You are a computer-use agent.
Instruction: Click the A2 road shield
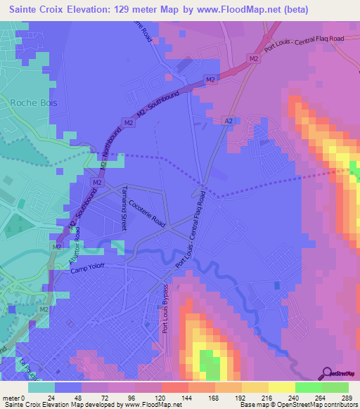228,121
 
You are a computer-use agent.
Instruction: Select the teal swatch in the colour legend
40,387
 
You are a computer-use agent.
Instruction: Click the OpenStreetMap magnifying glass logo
327,374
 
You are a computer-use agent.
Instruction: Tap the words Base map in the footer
257,404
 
